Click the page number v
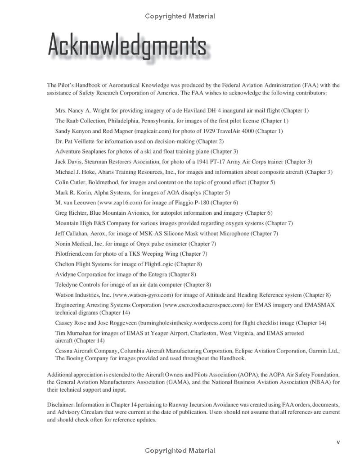coord(338,442)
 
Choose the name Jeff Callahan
coord(71,233)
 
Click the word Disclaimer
coord(60,405)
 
